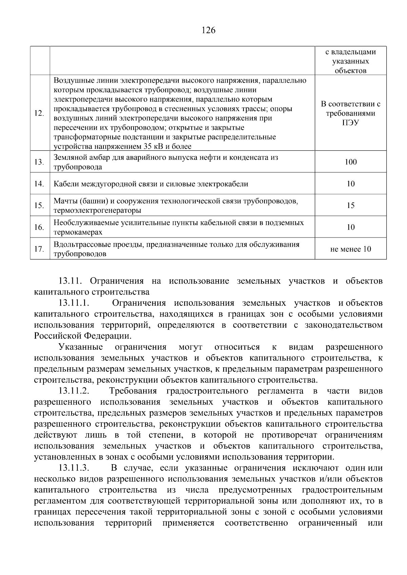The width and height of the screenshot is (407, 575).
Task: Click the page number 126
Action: [208, 30]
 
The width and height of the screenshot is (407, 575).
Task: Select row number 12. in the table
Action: [39, 113]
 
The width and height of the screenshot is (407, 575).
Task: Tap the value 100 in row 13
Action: [350, 162]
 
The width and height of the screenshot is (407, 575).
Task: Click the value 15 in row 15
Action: [350, 205]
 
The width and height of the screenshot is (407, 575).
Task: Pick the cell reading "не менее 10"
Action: [350, 249]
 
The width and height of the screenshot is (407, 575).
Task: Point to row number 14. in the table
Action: [39, 184]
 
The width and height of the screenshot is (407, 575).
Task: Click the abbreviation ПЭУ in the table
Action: [350, 123]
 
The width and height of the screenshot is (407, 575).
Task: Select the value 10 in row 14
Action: [350, 184]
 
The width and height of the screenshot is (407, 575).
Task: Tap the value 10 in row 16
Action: [350, 227]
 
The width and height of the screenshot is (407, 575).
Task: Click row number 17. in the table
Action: [39, 249]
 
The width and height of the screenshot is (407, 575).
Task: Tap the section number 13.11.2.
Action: [74, 391]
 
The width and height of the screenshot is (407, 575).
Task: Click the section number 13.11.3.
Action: [74, 468]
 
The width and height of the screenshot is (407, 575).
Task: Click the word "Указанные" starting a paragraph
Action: [81, 347]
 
